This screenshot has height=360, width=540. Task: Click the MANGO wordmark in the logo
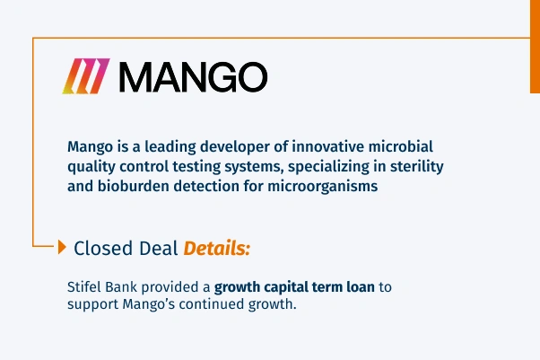coord(193,78)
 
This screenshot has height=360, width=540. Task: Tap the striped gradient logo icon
coord(85,78)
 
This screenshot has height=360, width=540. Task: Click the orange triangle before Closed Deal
coord(62,248)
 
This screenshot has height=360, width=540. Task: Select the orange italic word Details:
coord(217,249)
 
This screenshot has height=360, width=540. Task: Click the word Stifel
coord(85,287)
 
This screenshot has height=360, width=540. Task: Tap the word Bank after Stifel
coord(126,287)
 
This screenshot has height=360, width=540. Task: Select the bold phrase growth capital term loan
coord(291,287)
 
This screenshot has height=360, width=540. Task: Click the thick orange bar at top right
coord(535,46)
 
